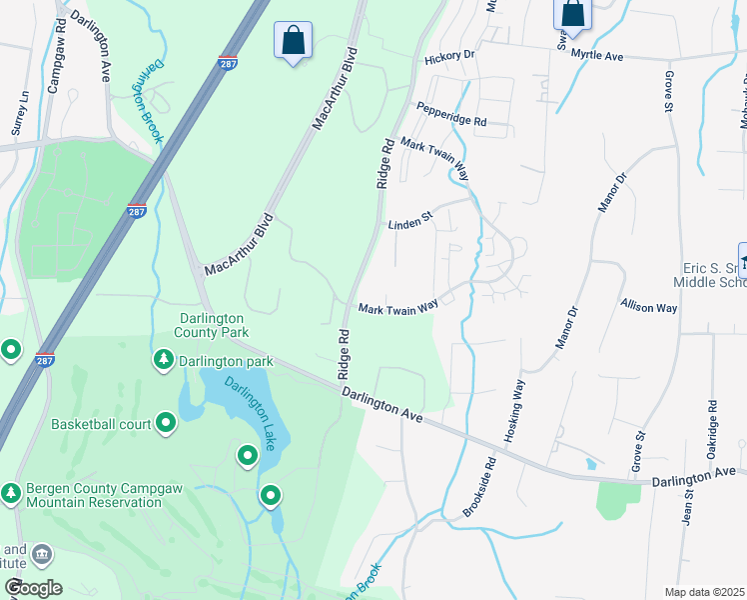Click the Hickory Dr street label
448,56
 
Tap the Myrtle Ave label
597,57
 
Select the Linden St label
409,223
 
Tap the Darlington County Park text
211,324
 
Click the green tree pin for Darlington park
163,359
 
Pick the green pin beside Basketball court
166,425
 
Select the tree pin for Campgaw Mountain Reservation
11,493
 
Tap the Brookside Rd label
479,488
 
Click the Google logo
33,588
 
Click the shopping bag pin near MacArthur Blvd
293,41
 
